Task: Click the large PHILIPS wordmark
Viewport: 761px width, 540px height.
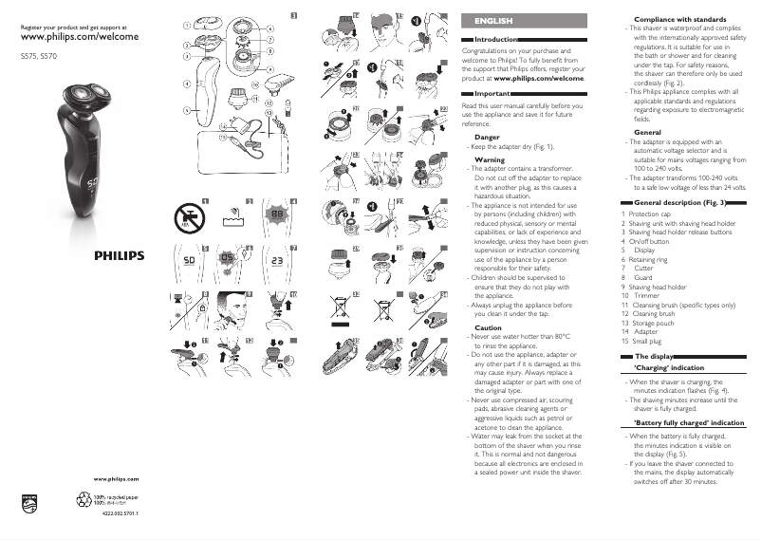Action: [x=119, y=255]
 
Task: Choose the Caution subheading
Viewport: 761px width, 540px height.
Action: [x=488, y=327]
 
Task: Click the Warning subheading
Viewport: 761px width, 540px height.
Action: [x=490, y=160]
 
